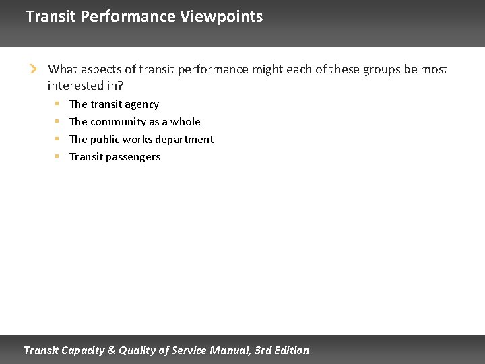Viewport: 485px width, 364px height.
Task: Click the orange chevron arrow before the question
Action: coord(32,69)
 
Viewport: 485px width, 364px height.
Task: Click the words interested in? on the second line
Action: coord(85,86)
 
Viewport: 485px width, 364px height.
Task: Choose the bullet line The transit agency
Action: coord(114,104)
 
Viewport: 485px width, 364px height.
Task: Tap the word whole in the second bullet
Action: coord(185,122)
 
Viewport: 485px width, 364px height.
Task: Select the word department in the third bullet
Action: coord(185,140)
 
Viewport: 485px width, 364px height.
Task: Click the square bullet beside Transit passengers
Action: coord(57,156)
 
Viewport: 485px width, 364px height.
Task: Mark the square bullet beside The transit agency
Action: coord(57,104)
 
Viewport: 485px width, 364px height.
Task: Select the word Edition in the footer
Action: coord(293,350)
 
